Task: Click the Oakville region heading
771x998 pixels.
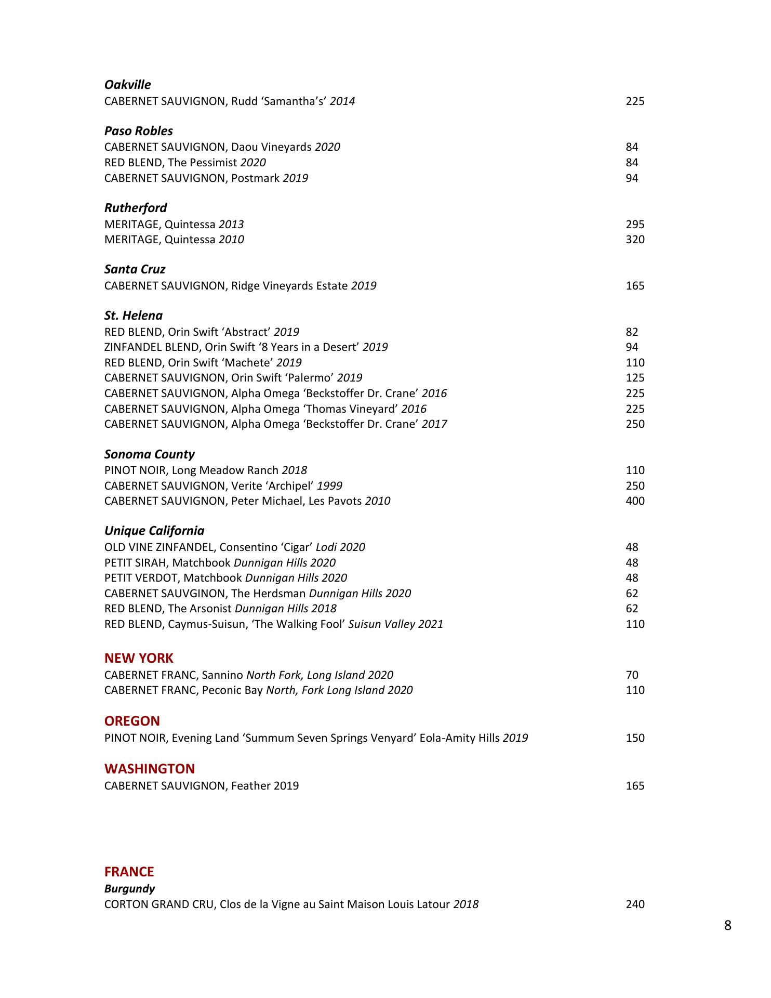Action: click(x=127, y=85)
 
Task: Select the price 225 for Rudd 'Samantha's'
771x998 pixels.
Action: click(x=635, y=101)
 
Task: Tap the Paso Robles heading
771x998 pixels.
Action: click(x=138, y=131)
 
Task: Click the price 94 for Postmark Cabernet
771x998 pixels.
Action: click(x=632, y=178)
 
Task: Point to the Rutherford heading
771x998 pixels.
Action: click(x=136, y=208)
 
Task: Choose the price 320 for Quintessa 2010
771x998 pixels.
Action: click(x=635, y=240)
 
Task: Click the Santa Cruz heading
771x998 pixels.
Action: click(x=135, y=269)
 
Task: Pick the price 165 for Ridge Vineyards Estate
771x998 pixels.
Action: click(x=635, y=286)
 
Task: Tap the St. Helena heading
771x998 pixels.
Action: click(x=133, y=316)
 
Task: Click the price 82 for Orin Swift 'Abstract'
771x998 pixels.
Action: click(x=632, y=332)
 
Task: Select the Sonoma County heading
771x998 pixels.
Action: click(x=149, y=454)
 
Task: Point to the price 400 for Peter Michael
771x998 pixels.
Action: click(x=635, y=501)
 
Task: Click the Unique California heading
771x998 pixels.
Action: click(x=154, y=531)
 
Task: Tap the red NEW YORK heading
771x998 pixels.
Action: click(x=139, y=659)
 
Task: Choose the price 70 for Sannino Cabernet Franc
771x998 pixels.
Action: click(x=632, y=675)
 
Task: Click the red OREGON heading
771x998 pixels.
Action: click(x=132, y=721)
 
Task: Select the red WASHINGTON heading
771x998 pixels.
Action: click(x=150, y=769)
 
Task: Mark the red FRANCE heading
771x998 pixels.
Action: click(x=129, y=872)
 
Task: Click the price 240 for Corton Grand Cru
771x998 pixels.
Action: click(x=635, y=904)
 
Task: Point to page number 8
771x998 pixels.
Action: click(x=727, y=926)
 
